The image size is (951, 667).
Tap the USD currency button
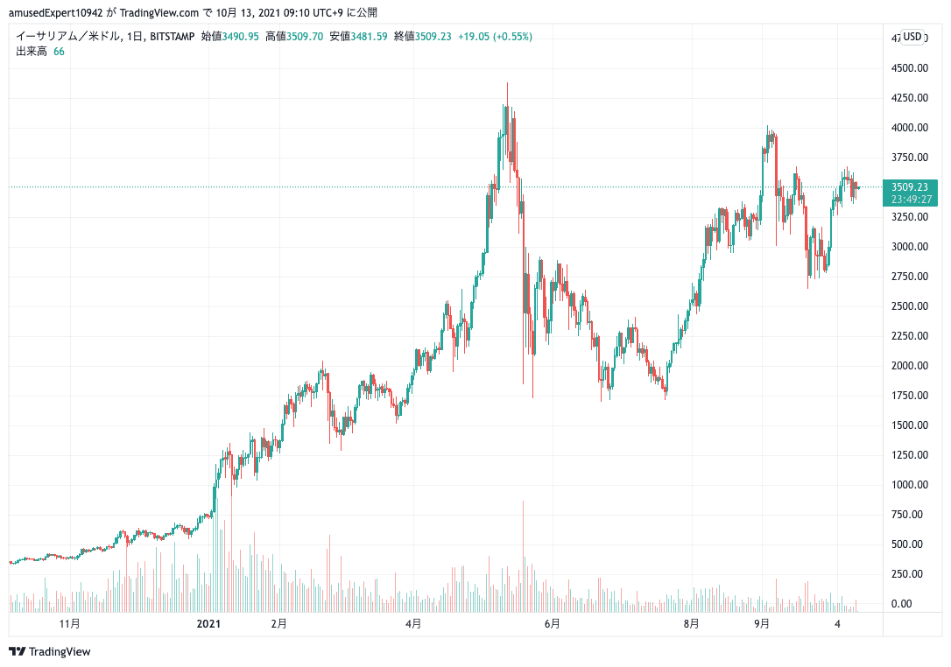[x=913, y=36]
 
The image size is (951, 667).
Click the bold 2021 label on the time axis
[x=208, y=624]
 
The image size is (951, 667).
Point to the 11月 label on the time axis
[x=70, y=624]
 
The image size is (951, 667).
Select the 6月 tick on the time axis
[x=552, y=624]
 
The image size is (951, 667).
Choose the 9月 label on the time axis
[x=762, y=624]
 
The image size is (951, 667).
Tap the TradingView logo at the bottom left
[x=50, y=651]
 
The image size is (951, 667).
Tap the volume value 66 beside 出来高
[x=59, y=51]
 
